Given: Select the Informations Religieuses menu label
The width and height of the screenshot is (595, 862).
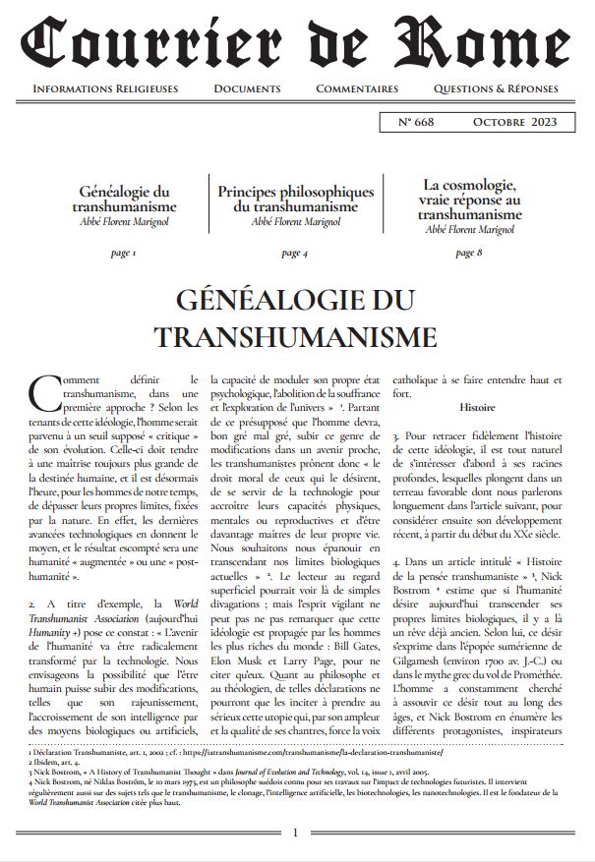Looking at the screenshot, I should click(105, 88).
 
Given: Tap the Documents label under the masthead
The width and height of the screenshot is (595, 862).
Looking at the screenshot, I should click(246, 88).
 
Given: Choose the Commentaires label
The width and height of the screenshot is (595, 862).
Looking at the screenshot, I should click(357, 88).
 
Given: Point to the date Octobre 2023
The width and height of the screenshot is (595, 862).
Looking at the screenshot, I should click(513, 122).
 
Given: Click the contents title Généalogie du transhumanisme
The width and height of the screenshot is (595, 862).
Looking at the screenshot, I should click(124, 201).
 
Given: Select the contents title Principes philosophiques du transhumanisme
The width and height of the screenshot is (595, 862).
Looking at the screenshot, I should click(295, 200).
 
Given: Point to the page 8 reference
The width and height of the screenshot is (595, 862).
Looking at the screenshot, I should click(468, 253).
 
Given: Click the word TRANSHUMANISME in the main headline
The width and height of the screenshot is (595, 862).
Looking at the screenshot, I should click(296, 336).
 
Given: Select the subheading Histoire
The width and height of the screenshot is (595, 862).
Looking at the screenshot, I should click(477, 406).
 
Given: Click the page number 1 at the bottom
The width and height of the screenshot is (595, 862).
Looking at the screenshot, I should click(296, 833).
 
